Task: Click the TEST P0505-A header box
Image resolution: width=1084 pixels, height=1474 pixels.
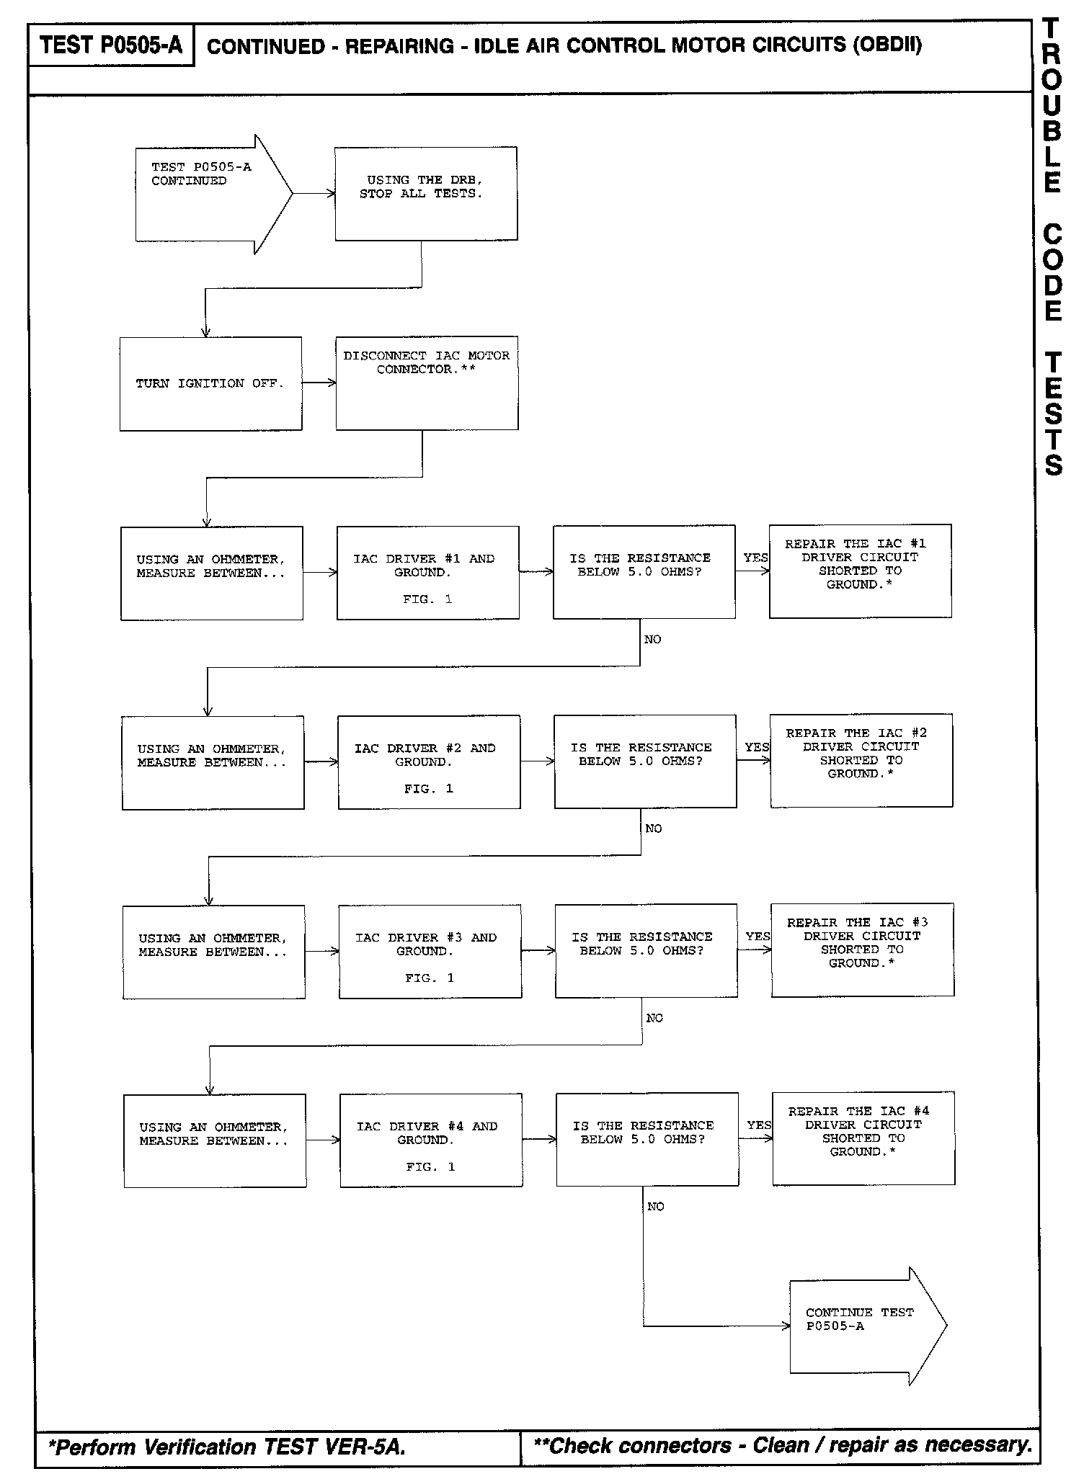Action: coord(111,45)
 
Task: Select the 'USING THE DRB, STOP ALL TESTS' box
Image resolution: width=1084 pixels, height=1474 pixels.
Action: coord(426,193)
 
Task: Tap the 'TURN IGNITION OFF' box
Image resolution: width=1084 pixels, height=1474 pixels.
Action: coord(210,383)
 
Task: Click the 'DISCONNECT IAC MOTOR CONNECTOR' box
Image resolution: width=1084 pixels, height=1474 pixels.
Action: coord(427,383)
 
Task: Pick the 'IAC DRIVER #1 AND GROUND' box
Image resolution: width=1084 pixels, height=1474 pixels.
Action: coord(427,572)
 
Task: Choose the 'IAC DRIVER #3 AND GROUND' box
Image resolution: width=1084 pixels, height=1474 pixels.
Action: coord(430,951)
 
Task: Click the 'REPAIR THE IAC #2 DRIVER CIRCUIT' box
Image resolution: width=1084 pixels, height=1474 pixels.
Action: coord(861,760)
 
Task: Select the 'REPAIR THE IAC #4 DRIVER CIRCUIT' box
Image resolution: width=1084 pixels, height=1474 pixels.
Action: coord(863,1138)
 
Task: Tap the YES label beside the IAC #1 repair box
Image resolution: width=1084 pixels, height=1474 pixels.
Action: coord(755,558)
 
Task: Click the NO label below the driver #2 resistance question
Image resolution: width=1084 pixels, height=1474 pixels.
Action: coord(654,828)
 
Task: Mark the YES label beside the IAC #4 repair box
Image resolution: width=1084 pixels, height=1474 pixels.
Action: coord(759,1125)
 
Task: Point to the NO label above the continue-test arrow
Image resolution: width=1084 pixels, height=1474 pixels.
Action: coord(656,1207)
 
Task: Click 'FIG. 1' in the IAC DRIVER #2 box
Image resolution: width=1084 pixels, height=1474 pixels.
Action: coord(428,789)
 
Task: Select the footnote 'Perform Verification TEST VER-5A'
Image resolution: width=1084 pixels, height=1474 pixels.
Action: coord(226,1447)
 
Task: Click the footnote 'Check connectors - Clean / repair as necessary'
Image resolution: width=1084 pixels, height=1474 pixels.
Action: coord(782,1445)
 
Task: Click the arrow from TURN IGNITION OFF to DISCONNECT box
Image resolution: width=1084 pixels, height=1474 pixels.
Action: coord(319,383)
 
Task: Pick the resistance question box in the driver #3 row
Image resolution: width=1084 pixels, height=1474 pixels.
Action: coord(646,950)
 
